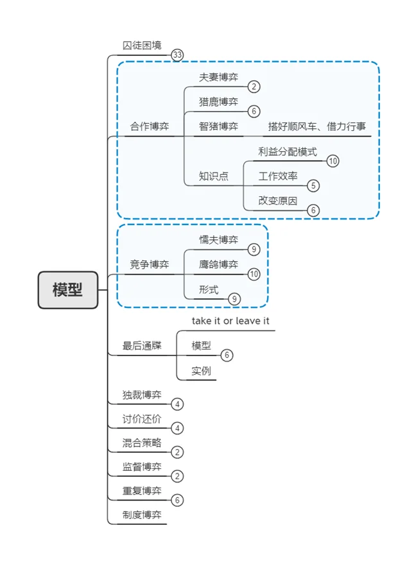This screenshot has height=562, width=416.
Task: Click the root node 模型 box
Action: click(x=68, y=290)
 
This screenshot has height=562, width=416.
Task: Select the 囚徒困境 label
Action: click(x=142, y=46)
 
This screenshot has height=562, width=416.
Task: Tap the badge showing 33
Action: click(x=177, y=55)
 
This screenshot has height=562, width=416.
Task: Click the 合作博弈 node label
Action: click(x=150, y=126)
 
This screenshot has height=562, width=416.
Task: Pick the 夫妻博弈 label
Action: click(x=218, y=77)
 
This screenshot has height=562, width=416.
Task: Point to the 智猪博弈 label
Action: click(x=218, y=126)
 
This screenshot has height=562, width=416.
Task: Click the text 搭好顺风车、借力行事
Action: click(x=317, y=126)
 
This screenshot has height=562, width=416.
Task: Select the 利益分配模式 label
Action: click(x=288, y=151)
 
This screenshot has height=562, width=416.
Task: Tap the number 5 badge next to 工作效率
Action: click(x=313, y=186)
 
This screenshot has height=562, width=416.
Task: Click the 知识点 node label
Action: click(x=213, y=176)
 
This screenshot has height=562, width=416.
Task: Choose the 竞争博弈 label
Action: click(x=150, y=264)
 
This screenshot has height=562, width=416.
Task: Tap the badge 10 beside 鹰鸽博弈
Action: click(x=254, y=274)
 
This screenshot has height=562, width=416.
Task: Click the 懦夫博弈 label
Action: click(x=218, y=240)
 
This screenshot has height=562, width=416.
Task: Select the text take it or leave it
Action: click(x=230, y=321)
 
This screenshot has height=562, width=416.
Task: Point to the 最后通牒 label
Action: click(x=142, y=345)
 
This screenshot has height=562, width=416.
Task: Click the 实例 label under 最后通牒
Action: click(x=201, y=370)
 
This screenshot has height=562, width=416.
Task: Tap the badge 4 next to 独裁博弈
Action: click(x=177, y=404)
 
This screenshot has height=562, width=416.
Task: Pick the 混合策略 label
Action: click(x=142, y=443)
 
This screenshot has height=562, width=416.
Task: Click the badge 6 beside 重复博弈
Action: click(x=177, y=500)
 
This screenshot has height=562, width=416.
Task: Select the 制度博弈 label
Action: click(x=142, y=515)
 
